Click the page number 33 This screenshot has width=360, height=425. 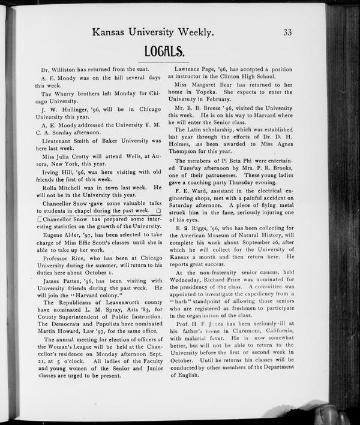click(287, 32)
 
